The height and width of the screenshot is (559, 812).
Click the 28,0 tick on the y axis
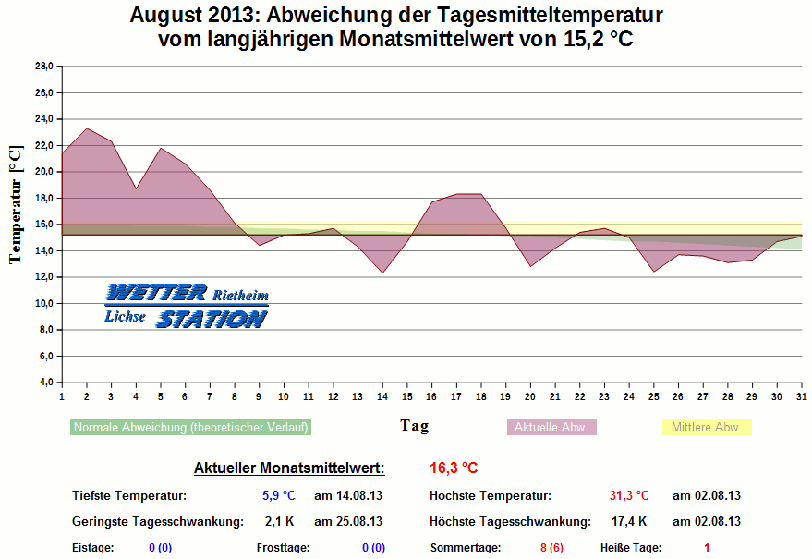[43, 67]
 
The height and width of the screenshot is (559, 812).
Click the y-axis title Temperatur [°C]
[16, 204]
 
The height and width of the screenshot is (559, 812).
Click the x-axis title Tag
[414, 426]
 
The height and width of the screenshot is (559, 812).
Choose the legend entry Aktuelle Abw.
[552, 428]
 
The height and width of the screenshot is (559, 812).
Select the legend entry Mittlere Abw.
[707, 428]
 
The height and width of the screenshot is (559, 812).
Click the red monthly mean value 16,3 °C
[454, 468]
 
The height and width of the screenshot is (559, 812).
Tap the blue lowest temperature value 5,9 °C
[277, 496]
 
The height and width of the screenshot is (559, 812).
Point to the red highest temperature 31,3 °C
[629, 496]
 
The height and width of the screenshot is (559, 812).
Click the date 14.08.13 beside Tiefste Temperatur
[348, 496]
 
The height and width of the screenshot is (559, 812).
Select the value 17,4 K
[629, 521]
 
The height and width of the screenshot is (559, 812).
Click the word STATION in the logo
[211, 319]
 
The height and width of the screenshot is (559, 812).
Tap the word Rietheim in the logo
[240, 296]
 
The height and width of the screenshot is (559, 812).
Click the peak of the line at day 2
[87, 128]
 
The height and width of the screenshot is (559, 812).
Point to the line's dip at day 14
[382, 273]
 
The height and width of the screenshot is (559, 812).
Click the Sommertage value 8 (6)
[551, 548]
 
